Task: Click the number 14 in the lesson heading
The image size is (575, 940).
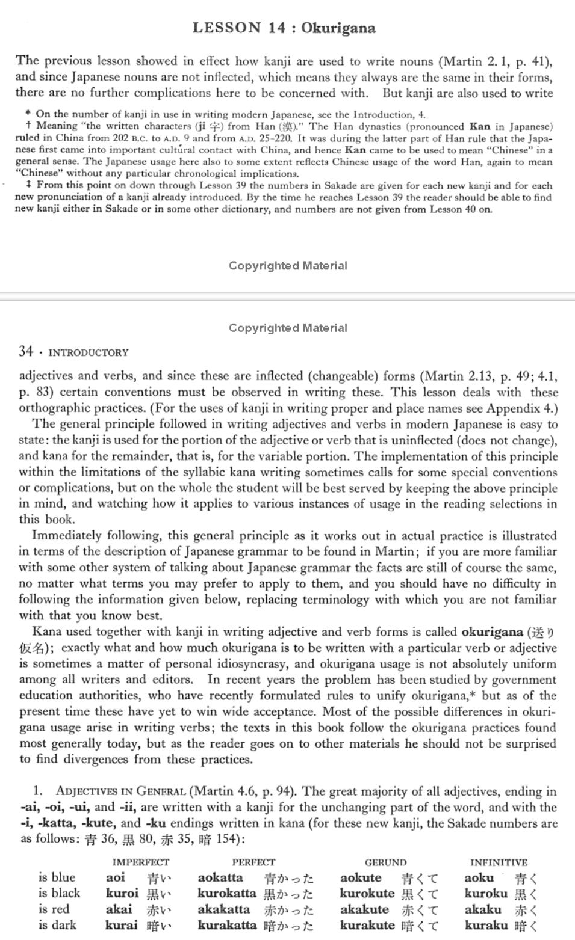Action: [x=277, y=28]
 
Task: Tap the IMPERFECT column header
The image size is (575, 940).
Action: [x=141, y=862]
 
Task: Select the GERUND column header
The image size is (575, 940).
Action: [x=385, y=862]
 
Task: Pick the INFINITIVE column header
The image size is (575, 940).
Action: [x=499, y=862]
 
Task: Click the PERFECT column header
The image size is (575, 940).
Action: [x=253, y=862]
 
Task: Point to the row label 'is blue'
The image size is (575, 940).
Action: [x=57, y=877]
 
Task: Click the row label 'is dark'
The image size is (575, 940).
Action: [x=57, y=924]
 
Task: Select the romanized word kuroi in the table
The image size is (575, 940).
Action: [x=122, y=893]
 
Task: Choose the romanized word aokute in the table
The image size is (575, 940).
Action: [x=361, y=877]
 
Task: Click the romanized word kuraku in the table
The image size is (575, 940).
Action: [x=487, y=924]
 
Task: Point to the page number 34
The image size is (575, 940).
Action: [x=25, y=351]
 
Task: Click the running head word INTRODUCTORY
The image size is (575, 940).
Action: [x=88, y=352]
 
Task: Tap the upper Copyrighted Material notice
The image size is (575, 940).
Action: [x=288, y=265]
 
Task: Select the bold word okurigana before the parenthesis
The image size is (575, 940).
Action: [x=492, y=631]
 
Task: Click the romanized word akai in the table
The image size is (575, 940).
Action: [x=119, y=909]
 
